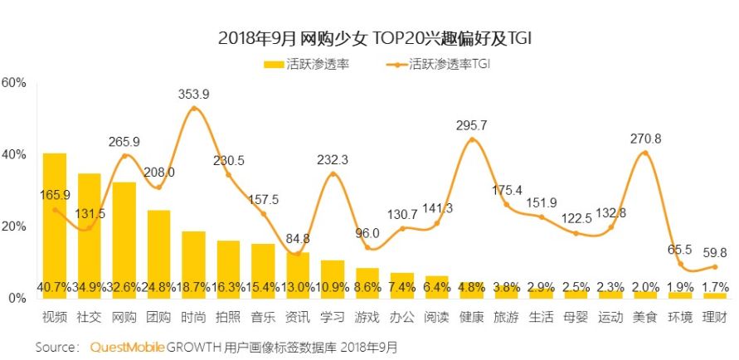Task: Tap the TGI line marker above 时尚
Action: tap(194, 108)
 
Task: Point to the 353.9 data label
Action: tap(194, 94)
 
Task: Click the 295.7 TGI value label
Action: tap(472, 125)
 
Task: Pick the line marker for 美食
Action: tap(645, 153)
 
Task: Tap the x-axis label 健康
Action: tap(472, 318)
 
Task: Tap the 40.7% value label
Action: tap(54, 288)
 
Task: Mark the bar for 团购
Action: tap(159, 249)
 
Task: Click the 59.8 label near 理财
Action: tap(714, 252)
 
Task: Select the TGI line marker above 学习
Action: tap(333, 173)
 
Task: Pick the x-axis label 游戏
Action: tap(367, 318)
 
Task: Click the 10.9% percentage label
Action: tap(333, 288)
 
